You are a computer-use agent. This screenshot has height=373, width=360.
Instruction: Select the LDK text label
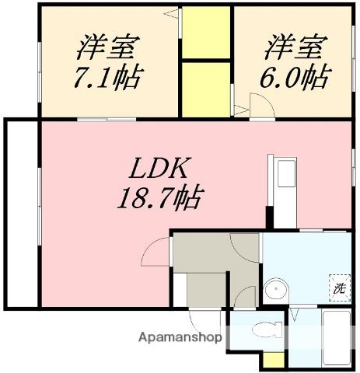coord(159,168)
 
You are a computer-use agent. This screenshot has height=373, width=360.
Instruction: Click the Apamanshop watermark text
coord(180,337)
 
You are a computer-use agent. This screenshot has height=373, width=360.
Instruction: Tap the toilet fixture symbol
coord(267,329)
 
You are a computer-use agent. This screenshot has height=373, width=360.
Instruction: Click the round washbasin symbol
coord(276,289)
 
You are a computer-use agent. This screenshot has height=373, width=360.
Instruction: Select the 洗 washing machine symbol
coord(340,288)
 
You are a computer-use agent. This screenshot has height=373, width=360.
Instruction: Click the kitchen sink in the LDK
coord(286,173)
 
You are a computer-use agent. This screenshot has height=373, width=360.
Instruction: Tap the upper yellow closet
coord(206,33)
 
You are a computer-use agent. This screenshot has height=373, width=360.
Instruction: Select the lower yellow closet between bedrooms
coord(206,89)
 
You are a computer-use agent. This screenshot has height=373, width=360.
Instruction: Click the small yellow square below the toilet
coord(274,360)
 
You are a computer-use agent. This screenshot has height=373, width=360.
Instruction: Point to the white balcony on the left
coord(22,214)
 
